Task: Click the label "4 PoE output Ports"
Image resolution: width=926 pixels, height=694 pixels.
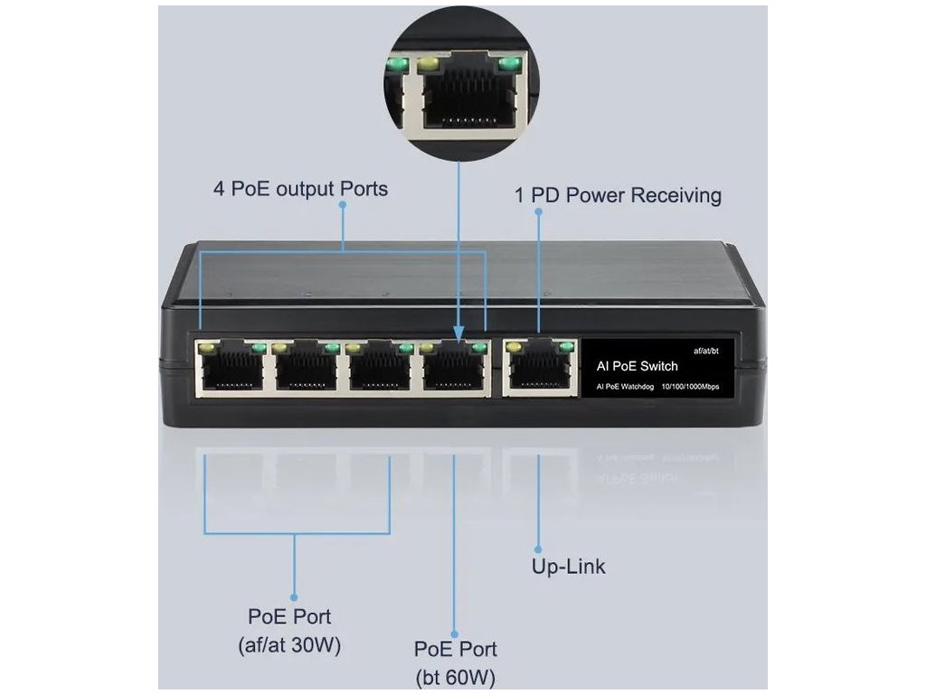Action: (300, 189)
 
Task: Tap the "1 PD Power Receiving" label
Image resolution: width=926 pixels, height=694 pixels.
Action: (619, 195)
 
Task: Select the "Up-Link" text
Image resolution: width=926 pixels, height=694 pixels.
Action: (568, 567)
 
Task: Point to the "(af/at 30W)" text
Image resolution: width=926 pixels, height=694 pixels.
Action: (289, 645)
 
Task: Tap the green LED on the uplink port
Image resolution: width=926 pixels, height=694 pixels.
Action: (567, 346)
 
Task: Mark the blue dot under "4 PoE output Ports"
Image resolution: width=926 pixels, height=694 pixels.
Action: (343, 206)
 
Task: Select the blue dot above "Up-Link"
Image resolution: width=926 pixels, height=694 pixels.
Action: (538, 548)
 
